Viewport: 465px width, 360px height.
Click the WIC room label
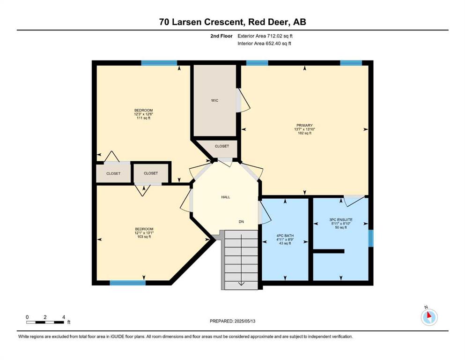click(215, 100)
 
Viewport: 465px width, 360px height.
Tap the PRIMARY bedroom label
click(304, 125)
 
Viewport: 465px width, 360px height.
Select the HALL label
click(225, 197)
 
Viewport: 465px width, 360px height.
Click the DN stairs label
click(241, 222)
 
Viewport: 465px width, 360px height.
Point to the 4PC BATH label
click(285, 236)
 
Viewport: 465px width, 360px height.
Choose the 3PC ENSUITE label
click(341, 220)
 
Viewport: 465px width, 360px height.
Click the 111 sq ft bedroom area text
click(143, 118)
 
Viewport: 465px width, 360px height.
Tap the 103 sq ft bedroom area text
click(144, 237)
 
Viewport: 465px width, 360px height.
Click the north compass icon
click(429, 317)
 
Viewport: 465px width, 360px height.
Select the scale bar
click(45, 322)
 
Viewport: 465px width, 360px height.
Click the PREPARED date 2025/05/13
click(232, 321)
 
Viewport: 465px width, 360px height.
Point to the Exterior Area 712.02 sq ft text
click(265, 36)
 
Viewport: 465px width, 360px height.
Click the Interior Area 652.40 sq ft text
click(264, 43)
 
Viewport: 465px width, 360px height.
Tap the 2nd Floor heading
click(221, 36)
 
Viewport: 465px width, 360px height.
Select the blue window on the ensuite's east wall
click(371, 238)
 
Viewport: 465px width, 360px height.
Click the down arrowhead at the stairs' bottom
click(241, 284)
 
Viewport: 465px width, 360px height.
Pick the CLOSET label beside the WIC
click(222, 146)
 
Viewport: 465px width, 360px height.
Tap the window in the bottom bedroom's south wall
click(128, 283)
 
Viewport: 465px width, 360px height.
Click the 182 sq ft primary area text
click(304, 133)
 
